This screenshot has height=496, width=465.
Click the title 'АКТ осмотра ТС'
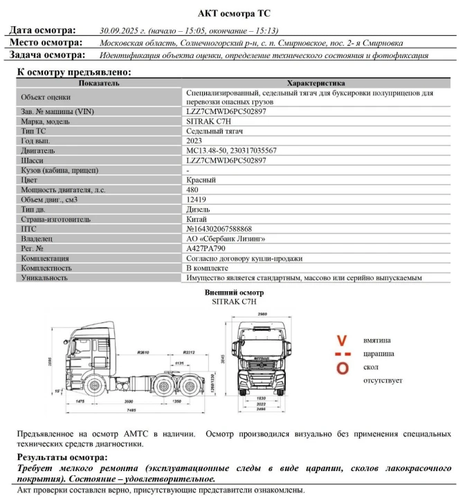click(x=232, y=12)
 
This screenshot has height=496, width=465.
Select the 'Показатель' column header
click(x=98, y=83)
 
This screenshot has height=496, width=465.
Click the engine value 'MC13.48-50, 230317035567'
click(x=231, y=150)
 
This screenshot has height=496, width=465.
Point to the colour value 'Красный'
click(x=201, y=180)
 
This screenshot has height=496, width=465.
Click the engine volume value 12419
click(x=197, y=199)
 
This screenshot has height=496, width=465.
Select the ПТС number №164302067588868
click(x=219, y=229)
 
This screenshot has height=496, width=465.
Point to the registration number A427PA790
click(x=207, y=248)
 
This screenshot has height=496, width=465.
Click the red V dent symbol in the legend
click(x=341, y=340)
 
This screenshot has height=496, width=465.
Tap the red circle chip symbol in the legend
click(x=342, y=368)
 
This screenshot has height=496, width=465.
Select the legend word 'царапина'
click(x=379, y=353)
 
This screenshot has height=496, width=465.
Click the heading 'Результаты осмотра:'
click(x=62, y=458)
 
